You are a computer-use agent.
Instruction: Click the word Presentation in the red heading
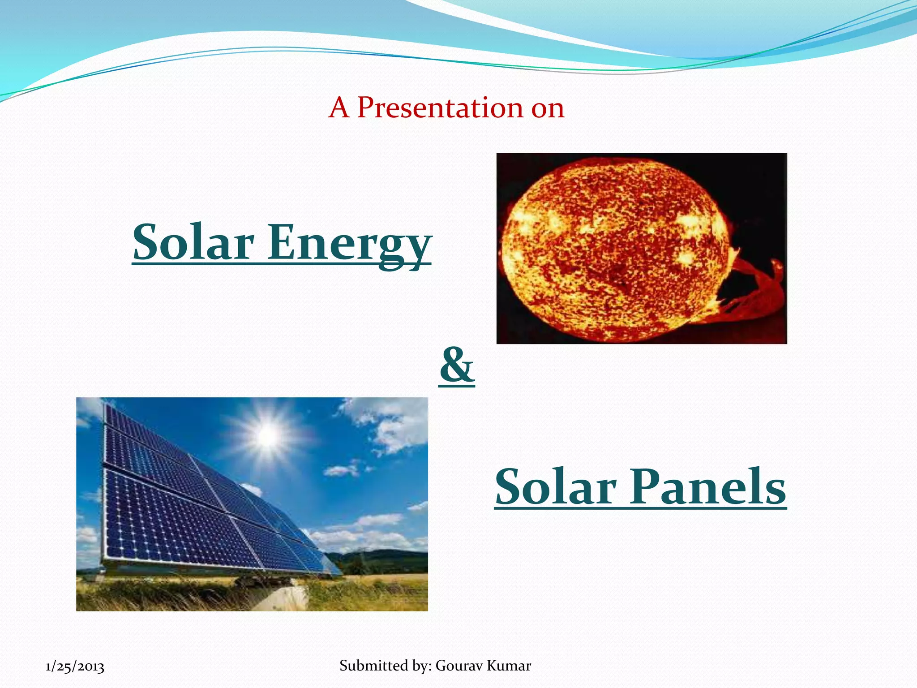[440, 108]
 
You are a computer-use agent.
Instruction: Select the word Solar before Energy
[193, 242]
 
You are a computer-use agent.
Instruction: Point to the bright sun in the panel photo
[268, 436]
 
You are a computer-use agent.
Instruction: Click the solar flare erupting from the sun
[752, 291]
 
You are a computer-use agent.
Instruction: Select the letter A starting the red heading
[339, 108]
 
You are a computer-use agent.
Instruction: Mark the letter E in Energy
[284, 242]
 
